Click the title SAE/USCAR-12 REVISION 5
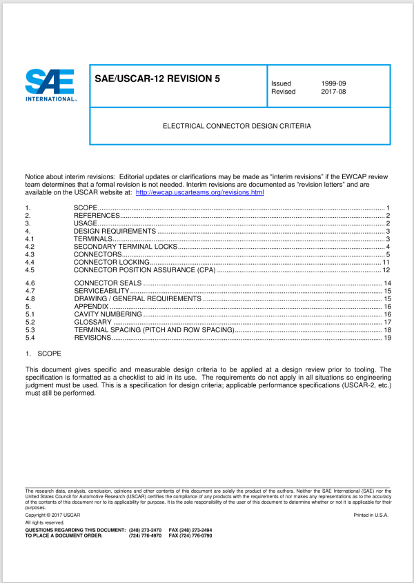(157, 79)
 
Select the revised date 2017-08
(334, 92)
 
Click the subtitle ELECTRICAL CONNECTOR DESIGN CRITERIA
(237, 127)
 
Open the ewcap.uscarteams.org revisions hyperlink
(200, 192)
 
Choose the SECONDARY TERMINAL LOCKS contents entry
(126, 247)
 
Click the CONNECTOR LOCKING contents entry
(111, 262)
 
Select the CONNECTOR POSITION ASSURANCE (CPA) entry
(145, 269)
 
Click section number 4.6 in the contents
(30, 284)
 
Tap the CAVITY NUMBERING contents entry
(107, 314)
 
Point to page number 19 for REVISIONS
(387, 338)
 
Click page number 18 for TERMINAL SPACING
(387, 330)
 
